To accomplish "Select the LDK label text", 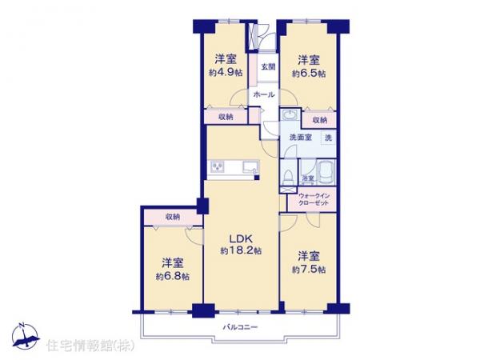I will [241, 238].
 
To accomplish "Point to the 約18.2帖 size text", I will [241, 250].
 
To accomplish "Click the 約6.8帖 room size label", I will [173, 276].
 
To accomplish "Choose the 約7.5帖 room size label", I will [308, 269].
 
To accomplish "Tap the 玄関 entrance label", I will [266, 66].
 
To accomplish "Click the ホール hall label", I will [264, 94].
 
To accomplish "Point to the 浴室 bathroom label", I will [307, 178].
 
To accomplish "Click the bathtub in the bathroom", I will [326, 172].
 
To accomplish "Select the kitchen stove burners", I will [218, 166].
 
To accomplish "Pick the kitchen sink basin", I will [250, 166].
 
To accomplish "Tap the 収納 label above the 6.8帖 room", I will [173, 217].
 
